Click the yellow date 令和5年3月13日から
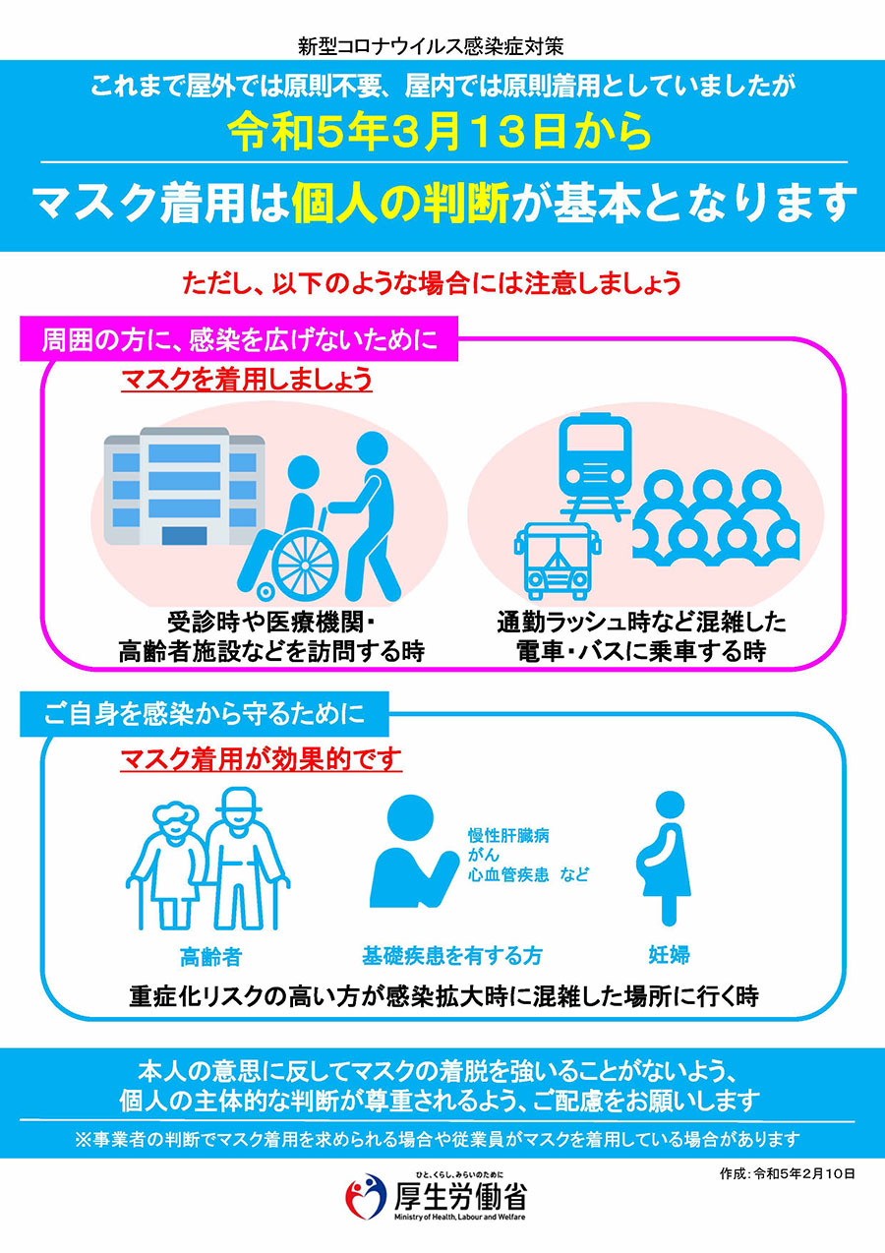point(440,133)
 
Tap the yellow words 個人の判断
point(400,203)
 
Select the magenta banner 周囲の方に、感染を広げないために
point(239,339)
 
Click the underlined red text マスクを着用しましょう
point(247,380)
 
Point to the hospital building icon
point(184,486)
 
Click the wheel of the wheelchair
point(306,565)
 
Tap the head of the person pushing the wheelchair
point(373,447)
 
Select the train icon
point(595,465)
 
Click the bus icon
point(558,562)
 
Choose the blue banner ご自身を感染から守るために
point(205,714)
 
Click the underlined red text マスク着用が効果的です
point(262,759)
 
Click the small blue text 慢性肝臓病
point(508,836)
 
